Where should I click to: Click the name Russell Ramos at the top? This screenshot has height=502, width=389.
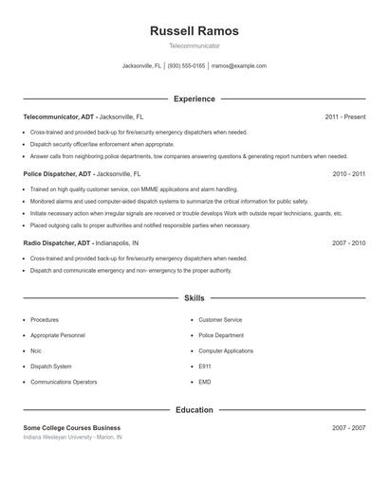pos(194,30)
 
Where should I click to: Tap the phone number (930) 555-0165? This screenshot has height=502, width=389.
pos(187,66)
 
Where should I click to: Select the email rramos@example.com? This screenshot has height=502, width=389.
pos(238,66)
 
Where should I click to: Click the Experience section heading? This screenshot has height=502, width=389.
pos(194,99)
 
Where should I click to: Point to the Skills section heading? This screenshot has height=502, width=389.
pos(194,298)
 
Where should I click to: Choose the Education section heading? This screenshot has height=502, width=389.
pos(194,410)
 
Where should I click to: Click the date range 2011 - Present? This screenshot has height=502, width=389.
pos(344,117)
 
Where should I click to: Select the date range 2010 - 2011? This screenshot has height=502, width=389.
pos(348,174)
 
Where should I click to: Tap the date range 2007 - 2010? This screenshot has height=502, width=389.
pos(348,243)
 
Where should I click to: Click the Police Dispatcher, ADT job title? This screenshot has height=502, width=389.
pos(58,174)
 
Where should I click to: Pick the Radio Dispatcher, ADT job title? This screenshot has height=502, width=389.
pos(57,243)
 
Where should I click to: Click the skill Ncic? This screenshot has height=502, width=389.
pos(36,350)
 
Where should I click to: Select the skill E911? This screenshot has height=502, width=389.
pos(205,366)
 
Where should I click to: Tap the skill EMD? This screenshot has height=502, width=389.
pos(205,382)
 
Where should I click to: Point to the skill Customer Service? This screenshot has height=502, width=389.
pos(220,320)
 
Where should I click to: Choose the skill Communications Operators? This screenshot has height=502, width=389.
pos(64,382)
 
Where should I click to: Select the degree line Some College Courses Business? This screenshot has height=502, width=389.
pos(72,428)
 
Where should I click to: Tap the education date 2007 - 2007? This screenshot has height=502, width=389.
pos(348,428)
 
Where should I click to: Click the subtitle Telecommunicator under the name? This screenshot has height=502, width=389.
pos(194,45)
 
